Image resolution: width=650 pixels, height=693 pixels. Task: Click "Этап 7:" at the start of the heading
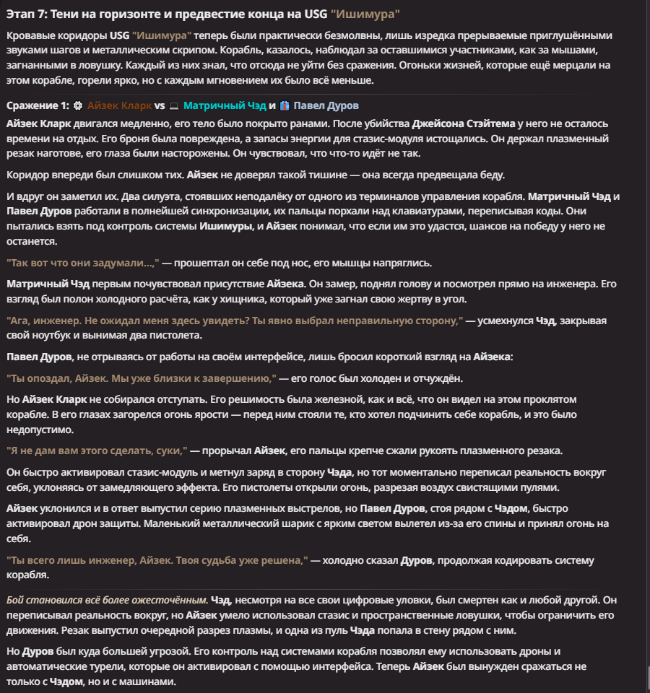(x=28, y=14)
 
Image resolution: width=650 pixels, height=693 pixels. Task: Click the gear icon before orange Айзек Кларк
(x=78, y=105)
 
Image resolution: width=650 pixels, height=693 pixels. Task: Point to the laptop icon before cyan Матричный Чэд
(x=173, y=105)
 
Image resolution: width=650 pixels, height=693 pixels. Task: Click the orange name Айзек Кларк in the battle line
(x=120, y=105)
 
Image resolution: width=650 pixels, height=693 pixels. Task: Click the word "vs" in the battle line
(x=160, y=105)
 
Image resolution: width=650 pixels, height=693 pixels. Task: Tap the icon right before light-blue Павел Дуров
(x=285, y=105)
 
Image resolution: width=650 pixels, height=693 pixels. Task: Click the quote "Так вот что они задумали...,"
(x=82, y=263)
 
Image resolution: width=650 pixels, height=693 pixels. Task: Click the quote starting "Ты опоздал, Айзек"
(x=142, y=378)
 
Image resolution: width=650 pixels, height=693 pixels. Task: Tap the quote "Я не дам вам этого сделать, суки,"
(x=97, y=450)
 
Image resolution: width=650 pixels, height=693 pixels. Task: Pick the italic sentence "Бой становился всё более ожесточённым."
(x=107, y=600)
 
